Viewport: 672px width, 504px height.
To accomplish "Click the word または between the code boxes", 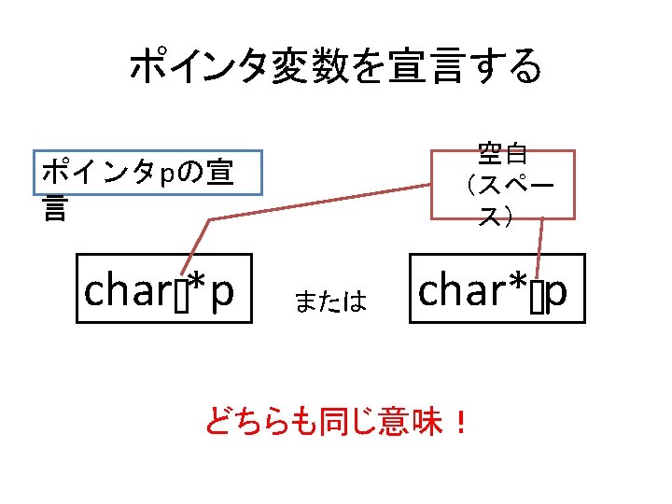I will (x=329, y=301).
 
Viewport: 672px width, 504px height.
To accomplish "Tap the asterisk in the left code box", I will (x=197, y=282).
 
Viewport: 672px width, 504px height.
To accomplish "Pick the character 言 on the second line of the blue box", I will (x=55, y=210).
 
